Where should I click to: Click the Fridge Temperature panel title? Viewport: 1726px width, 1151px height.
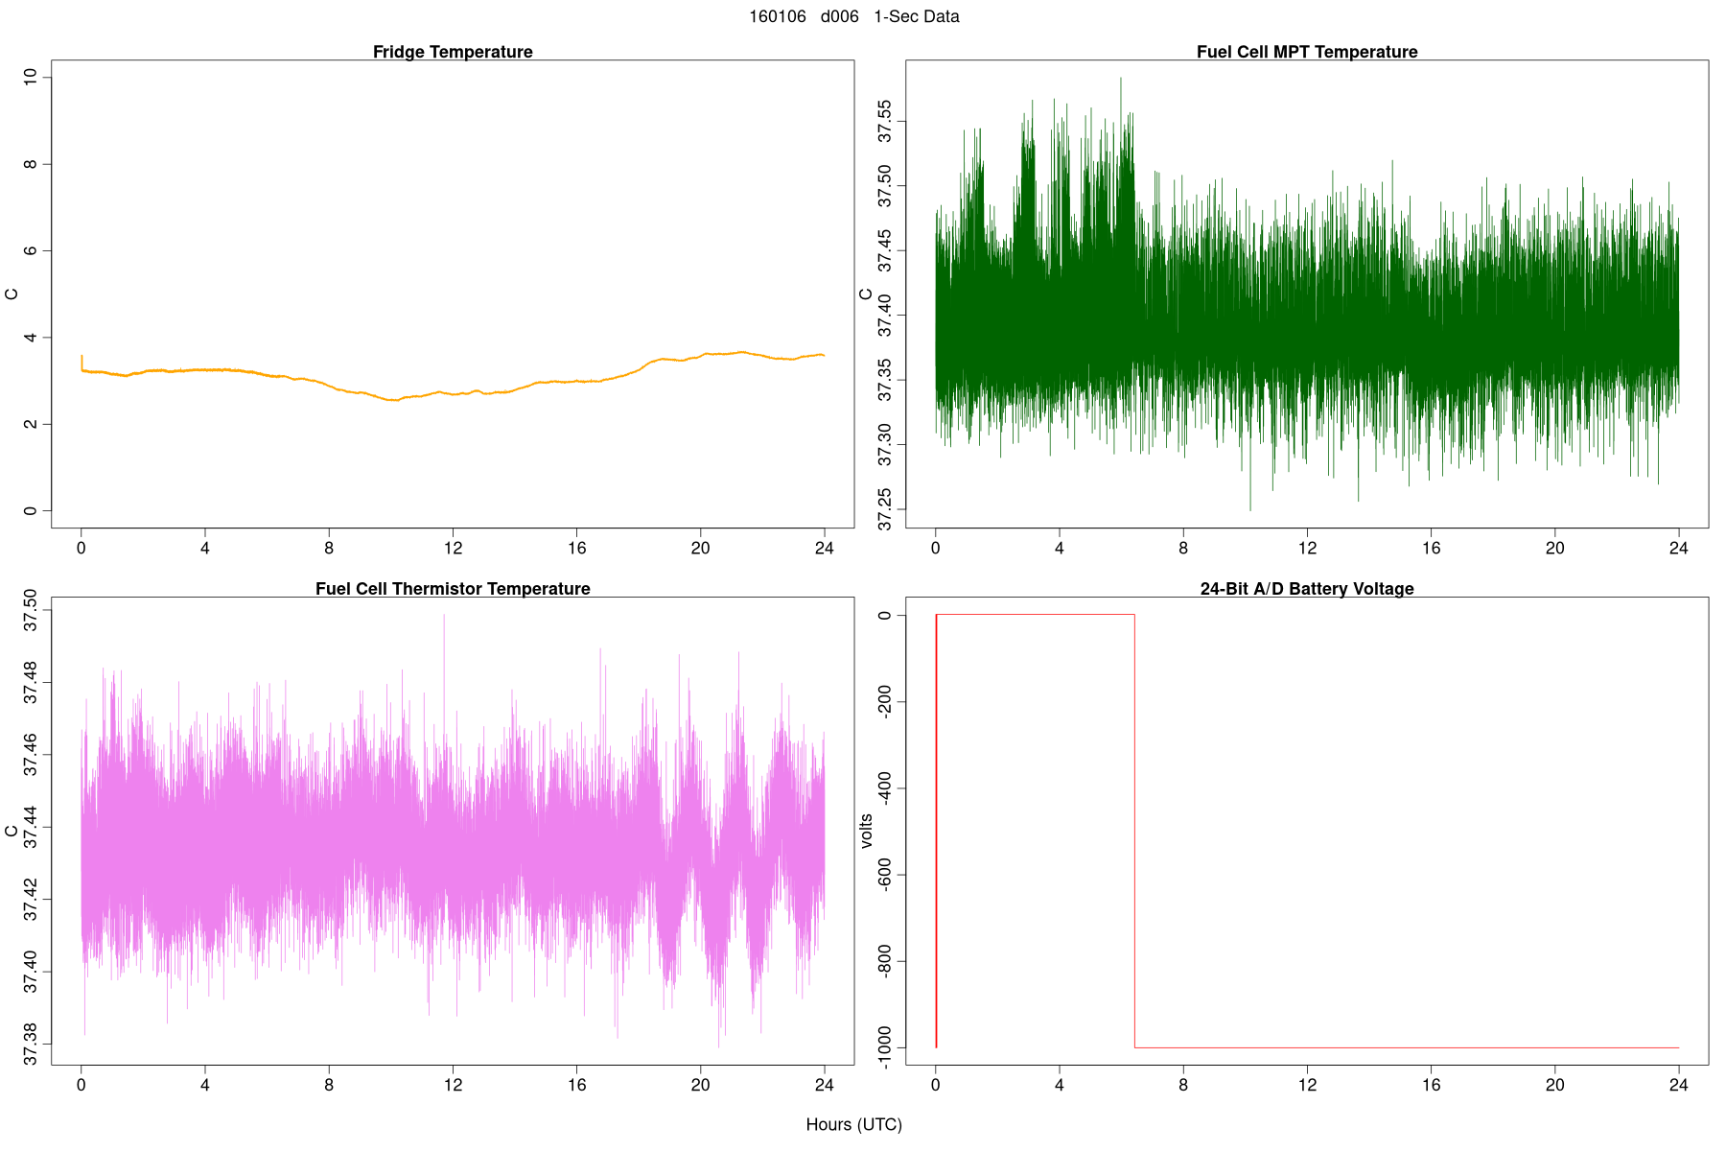(453, 52)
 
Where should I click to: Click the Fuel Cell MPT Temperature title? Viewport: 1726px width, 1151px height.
(1307, 52)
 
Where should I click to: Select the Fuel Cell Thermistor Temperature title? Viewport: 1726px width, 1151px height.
(453, 589)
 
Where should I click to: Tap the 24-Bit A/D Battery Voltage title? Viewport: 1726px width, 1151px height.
(1307, 589)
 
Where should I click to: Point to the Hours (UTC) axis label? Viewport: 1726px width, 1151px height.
(853, 1124)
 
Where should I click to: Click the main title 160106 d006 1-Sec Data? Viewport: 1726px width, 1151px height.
(853, 16)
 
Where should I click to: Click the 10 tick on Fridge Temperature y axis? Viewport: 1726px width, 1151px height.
(31, 77)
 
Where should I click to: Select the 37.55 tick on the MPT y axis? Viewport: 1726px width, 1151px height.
(885, 122)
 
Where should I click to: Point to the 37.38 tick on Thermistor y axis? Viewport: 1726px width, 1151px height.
(31, 1044)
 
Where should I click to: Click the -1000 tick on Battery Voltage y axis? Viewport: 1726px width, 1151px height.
(885, 1047)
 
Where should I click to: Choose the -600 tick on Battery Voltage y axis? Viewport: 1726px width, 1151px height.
(885, 875)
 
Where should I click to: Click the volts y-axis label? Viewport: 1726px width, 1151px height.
(867, 831)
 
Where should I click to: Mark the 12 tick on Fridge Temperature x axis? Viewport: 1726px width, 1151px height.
(453, 549)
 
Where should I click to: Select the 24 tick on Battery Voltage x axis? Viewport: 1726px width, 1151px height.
(1678, 1086)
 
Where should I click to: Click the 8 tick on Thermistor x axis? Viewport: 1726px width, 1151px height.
(329, 1086)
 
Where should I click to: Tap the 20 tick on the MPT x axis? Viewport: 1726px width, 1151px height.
(1554, 549)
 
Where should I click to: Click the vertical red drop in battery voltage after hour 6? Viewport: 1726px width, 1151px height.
(1134, 831)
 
